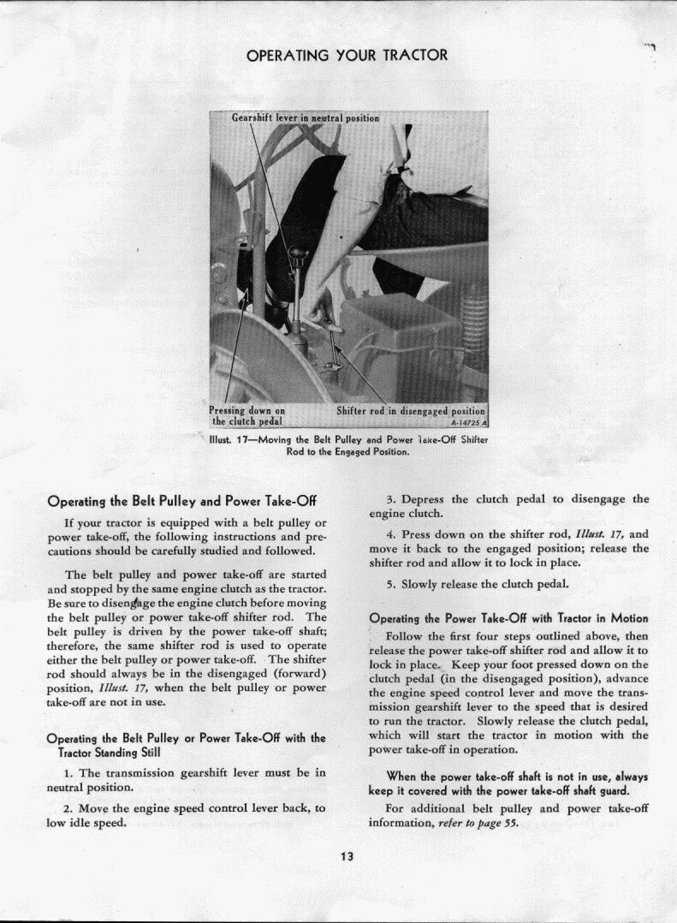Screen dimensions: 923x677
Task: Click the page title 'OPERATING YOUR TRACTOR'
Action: tap(347, 56)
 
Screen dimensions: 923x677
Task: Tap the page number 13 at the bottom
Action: tap(347, 856)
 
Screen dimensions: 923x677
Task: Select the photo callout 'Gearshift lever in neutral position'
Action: tap(306, 118)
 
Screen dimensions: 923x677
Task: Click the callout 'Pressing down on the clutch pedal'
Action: tap(247, 415)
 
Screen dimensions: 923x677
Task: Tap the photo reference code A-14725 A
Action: tap(468, 422)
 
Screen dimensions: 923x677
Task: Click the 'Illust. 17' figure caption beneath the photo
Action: tap(347, 445)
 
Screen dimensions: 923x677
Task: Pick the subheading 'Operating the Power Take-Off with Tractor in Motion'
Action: tap(508, 618)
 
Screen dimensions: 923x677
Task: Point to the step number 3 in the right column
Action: tap(390, 499)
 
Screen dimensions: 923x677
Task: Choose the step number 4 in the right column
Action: tap(390, 533)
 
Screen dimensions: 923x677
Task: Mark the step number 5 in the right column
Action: tap(390, 585)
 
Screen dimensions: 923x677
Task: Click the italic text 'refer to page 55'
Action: tap(479, 824)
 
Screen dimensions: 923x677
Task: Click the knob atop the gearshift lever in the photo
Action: tap(298, 253)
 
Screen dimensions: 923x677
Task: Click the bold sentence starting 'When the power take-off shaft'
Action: tap(508, 783)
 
